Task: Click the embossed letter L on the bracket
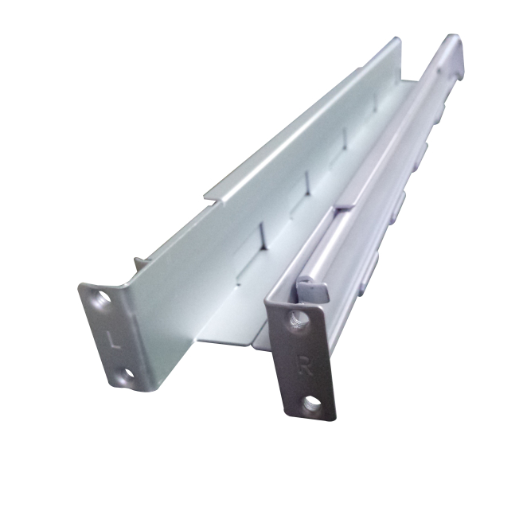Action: [114, 339]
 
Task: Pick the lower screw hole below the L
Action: [127, 375]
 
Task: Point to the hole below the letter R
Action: [313, 402]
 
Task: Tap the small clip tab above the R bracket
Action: [313, 290]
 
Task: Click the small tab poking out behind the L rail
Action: [140, 264]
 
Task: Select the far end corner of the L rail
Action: [398, 40]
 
